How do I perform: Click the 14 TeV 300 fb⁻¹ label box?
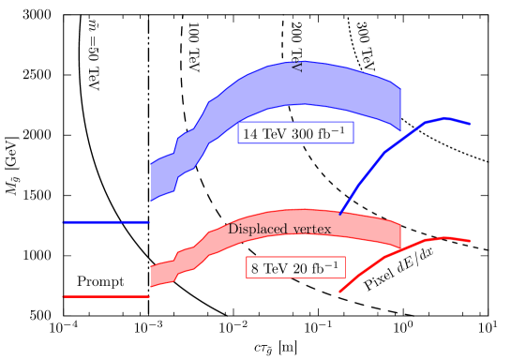[295, 133]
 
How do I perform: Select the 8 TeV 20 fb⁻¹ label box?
[294, 268]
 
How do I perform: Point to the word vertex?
[310, 230]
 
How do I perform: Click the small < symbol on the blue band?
[296, 67]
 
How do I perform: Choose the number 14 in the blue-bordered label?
[250, 134]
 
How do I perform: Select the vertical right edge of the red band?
[400, 234]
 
